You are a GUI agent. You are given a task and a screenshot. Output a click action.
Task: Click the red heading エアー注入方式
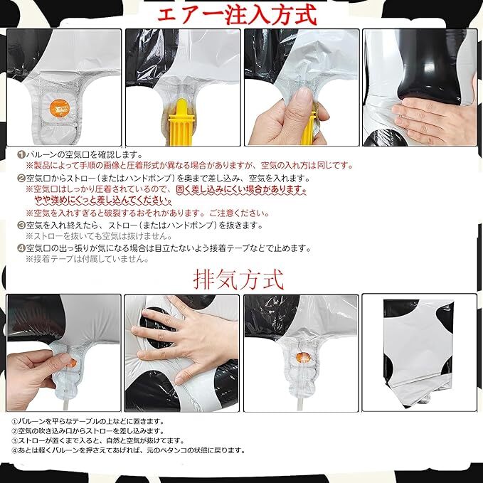click(237, 15)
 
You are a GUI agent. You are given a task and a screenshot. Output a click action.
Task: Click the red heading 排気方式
click(238, 279)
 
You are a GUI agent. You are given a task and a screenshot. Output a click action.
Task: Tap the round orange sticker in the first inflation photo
click(60, 108)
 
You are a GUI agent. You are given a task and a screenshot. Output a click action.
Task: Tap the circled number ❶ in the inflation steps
click(21, 154)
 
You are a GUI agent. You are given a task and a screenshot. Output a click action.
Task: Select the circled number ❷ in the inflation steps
click(21, 178)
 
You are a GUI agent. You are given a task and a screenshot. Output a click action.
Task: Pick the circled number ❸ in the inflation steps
click(21, 225)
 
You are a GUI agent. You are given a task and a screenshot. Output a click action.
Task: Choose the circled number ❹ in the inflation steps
click(21, 248)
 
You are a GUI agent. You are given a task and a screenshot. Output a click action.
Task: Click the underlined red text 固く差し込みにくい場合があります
click(241, 189)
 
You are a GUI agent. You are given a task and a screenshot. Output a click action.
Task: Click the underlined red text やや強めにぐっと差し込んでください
click(103, 200)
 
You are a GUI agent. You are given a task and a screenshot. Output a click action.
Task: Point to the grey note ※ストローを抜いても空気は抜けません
click(99, 236)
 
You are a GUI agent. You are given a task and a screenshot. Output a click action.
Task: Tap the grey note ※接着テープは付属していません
click(87, 259)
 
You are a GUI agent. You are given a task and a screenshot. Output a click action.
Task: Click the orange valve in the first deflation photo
click(72, 363)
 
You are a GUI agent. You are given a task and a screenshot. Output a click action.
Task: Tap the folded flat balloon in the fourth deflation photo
click(418, 351)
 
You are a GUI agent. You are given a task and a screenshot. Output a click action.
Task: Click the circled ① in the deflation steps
click(14, 421)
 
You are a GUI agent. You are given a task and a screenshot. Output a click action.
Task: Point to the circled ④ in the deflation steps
click(14, 451)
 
